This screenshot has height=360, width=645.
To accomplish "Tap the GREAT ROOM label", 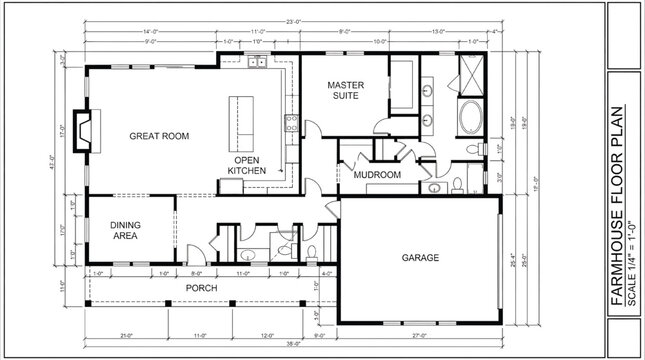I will coord(160,136).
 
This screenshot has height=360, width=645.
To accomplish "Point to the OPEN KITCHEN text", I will coord(247,165).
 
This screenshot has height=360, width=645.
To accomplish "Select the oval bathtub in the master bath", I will coord(468,119).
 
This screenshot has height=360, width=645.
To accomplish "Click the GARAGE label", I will coord(421,257).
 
